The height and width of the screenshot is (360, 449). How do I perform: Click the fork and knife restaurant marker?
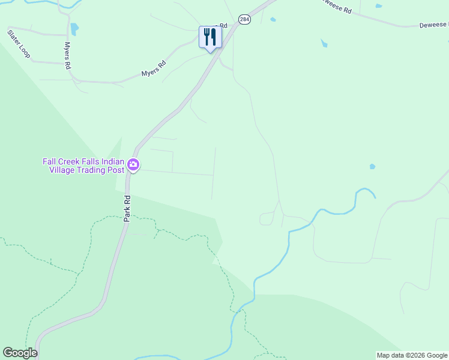point(210,38)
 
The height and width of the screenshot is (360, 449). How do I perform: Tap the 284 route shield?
point(244,20)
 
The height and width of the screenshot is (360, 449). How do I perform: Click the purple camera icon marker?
point(133,164)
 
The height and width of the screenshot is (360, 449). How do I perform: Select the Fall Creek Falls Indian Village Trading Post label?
point(83,166)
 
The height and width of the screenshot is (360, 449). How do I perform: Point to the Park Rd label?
point(127,208)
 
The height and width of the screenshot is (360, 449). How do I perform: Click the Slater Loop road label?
point(19,44)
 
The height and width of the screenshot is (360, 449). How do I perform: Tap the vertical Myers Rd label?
point(67,55)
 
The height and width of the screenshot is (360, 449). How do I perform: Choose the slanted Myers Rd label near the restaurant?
point(153,69)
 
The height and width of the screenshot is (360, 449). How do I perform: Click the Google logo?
point(20,352)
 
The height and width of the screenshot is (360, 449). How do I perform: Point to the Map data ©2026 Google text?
point(412,355)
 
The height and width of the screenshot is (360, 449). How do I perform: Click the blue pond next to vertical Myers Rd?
point(74,29)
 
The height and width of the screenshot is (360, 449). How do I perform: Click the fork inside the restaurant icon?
point(206,36)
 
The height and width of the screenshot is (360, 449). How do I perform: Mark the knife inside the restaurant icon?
point(213,37)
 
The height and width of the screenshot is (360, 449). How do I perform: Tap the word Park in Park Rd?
point(127,214)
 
